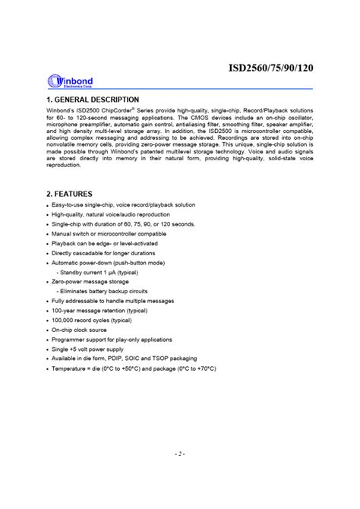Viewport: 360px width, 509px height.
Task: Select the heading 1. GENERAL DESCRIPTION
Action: point(93,100)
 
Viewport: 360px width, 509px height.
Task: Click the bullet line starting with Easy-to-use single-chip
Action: point(123,205)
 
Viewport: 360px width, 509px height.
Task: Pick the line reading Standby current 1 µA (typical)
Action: point(102,272)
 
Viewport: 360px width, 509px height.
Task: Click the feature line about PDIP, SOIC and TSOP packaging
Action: point(125,358)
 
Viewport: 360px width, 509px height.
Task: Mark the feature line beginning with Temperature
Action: point(134,368)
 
